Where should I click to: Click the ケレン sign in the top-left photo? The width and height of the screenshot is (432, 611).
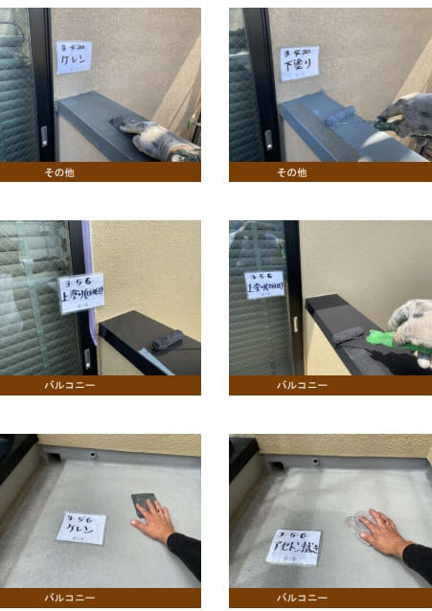73,57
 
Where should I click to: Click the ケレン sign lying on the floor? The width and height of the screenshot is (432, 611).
81,528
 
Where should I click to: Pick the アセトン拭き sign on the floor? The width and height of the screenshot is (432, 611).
295,545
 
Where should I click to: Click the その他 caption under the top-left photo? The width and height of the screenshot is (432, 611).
59,173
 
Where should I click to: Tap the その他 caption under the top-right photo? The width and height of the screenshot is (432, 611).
291,173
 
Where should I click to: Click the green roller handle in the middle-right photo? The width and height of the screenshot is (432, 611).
380,337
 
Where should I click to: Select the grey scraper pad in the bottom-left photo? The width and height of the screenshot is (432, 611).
146,503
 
